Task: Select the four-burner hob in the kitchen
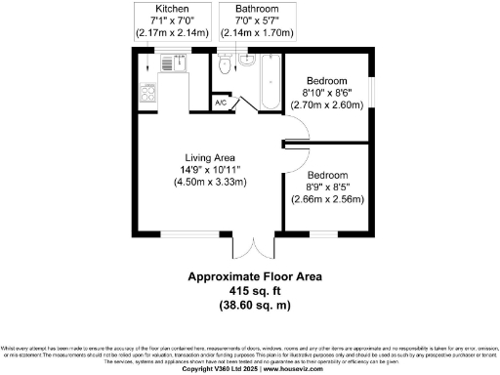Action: click(x=149, y=94)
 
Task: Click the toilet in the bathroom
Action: click(x=226, y=66)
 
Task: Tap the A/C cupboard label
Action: click(x=222, y=101)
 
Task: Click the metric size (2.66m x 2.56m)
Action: click(x=326, y=199)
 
